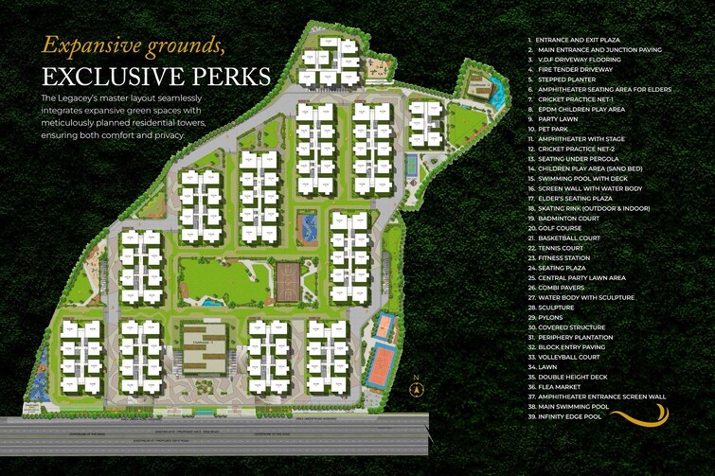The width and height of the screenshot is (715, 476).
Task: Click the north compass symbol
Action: point(415,387)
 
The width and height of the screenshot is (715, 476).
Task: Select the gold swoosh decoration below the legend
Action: point(639,415)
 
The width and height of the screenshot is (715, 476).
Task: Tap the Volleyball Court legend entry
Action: point(570,357)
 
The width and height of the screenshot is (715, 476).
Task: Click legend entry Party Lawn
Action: point(560,118)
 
